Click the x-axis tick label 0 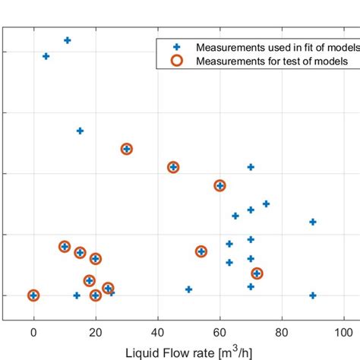[x=33, y=332]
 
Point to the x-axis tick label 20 [x=96, y=332]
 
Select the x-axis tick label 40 [x=157, y=332]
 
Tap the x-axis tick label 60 [x=219, y=332]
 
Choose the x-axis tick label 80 [x=282, y=332]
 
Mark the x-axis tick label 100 [x=343, y=332]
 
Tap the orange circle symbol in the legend [x=176, y=61]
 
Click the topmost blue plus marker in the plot [x=68, y=40]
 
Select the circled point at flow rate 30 [x=127, y=149]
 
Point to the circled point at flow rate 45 [x=173, y=167]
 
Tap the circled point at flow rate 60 [x=219, y=185]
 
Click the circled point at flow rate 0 [x=33, y=295]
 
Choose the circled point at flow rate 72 [x=257, y=273]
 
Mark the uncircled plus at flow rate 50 [x=188, y=289]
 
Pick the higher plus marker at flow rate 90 [x=313, y=222]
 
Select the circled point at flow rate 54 [x=201, y=251]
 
